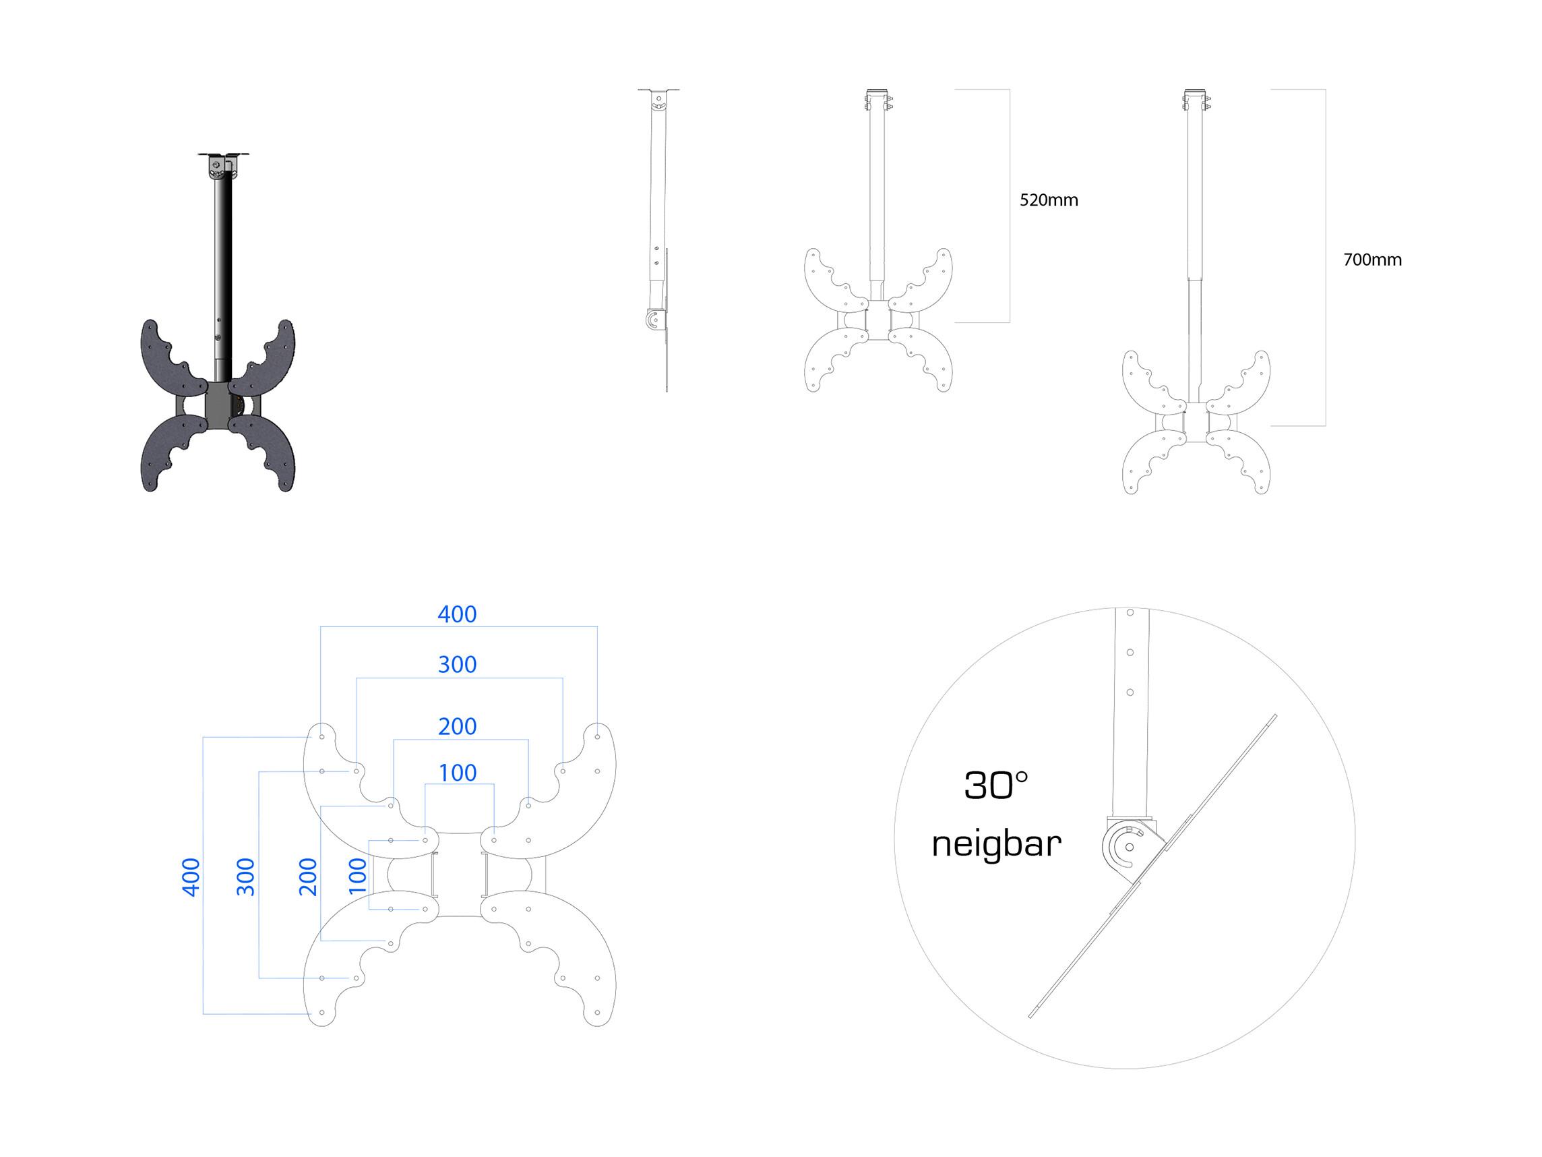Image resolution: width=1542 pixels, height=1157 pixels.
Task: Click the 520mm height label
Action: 1049,200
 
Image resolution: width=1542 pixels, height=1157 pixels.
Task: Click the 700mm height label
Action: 1372,260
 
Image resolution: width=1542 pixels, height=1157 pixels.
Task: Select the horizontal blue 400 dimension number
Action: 458,614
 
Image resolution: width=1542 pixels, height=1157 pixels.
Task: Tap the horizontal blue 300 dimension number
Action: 458,665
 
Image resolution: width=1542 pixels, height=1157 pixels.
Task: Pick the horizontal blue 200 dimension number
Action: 458,727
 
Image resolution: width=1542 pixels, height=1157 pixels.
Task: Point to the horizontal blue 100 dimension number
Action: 458,773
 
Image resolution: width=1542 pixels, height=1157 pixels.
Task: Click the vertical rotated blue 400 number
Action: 190,877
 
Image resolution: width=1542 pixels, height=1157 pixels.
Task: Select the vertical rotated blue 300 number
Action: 245,877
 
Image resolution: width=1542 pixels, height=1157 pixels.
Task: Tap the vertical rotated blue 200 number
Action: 307,877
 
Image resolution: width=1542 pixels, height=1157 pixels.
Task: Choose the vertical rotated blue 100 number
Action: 357,876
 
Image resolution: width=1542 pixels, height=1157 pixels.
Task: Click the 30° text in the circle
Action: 996,786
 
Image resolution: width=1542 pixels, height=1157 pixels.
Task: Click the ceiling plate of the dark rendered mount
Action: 224,155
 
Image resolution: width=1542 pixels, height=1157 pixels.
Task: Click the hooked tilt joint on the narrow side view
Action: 652,320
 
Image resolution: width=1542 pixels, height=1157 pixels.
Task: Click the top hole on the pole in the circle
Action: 1130,613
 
